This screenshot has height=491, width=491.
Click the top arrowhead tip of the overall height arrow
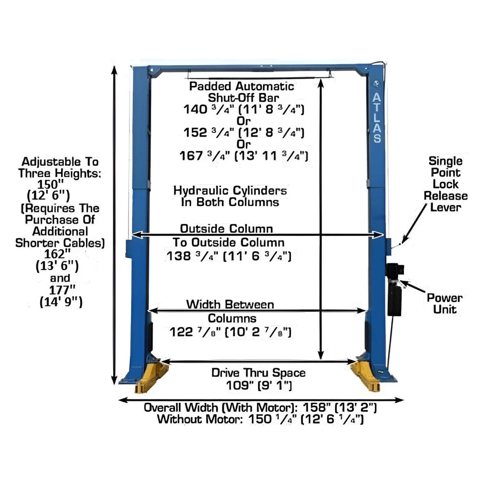pyautogui.click(x=114, y=66)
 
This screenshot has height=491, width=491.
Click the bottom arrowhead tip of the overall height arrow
pyautogui.click(x=114, y=384)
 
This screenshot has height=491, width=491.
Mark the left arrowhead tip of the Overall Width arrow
pyautogui.click(x=119, y=400)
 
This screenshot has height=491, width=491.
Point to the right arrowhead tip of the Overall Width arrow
pyautogui.click(x=404, y=400)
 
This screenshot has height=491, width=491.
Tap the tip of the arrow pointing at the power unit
pyautogui.click(x=401, y=281)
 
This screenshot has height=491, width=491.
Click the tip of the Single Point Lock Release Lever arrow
pyautogui.click(x=402, y=244)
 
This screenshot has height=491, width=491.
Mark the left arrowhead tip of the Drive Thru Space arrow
pyautogui.click(x=161, y=362)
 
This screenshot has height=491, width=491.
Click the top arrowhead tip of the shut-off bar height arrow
pyautogui.click(x=321, y=79)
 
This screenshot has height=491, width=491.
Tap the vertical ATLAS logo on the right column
pyautogui.click(x=377, y=117)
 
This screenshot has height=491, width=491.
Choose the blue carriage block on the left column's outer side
pyautogui.click(x=129, y=249)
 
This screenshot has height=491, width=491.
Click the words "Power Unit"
pyautogui.click(x=444, y=304)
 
